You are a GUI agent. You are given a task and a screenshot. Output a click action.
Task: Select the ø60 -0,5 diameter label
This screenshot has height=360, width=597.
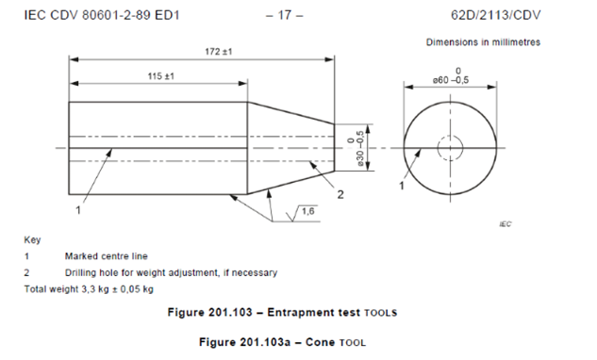click(x=452, y=78)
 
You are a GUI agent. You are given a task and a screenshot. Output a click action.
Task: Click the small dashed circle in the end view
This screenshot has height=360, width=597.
click(x=452, y=148)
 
